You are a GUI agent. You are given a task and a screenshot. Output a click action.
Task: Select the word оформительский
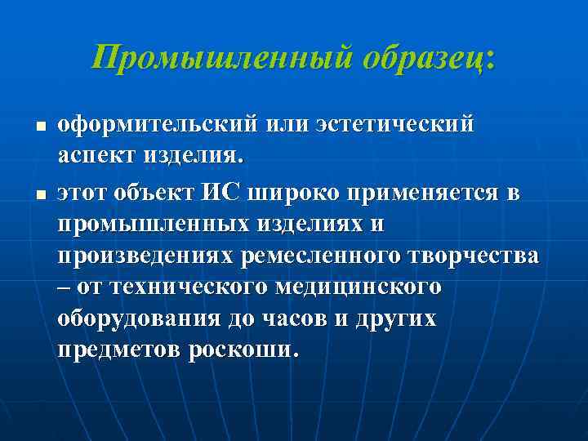pyautogui.click(x=154, y=126)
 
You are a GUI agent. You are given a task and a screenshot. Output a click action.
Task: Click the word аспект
pyautogui.click(x=91, y=154)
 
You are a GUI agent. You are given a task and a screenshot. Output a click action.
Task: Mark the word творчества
pyautogui.click(x=474, y=256)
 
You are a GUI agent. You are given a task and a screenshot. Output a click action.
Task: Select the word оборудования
pyautogui.click(x=138, y=318)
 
